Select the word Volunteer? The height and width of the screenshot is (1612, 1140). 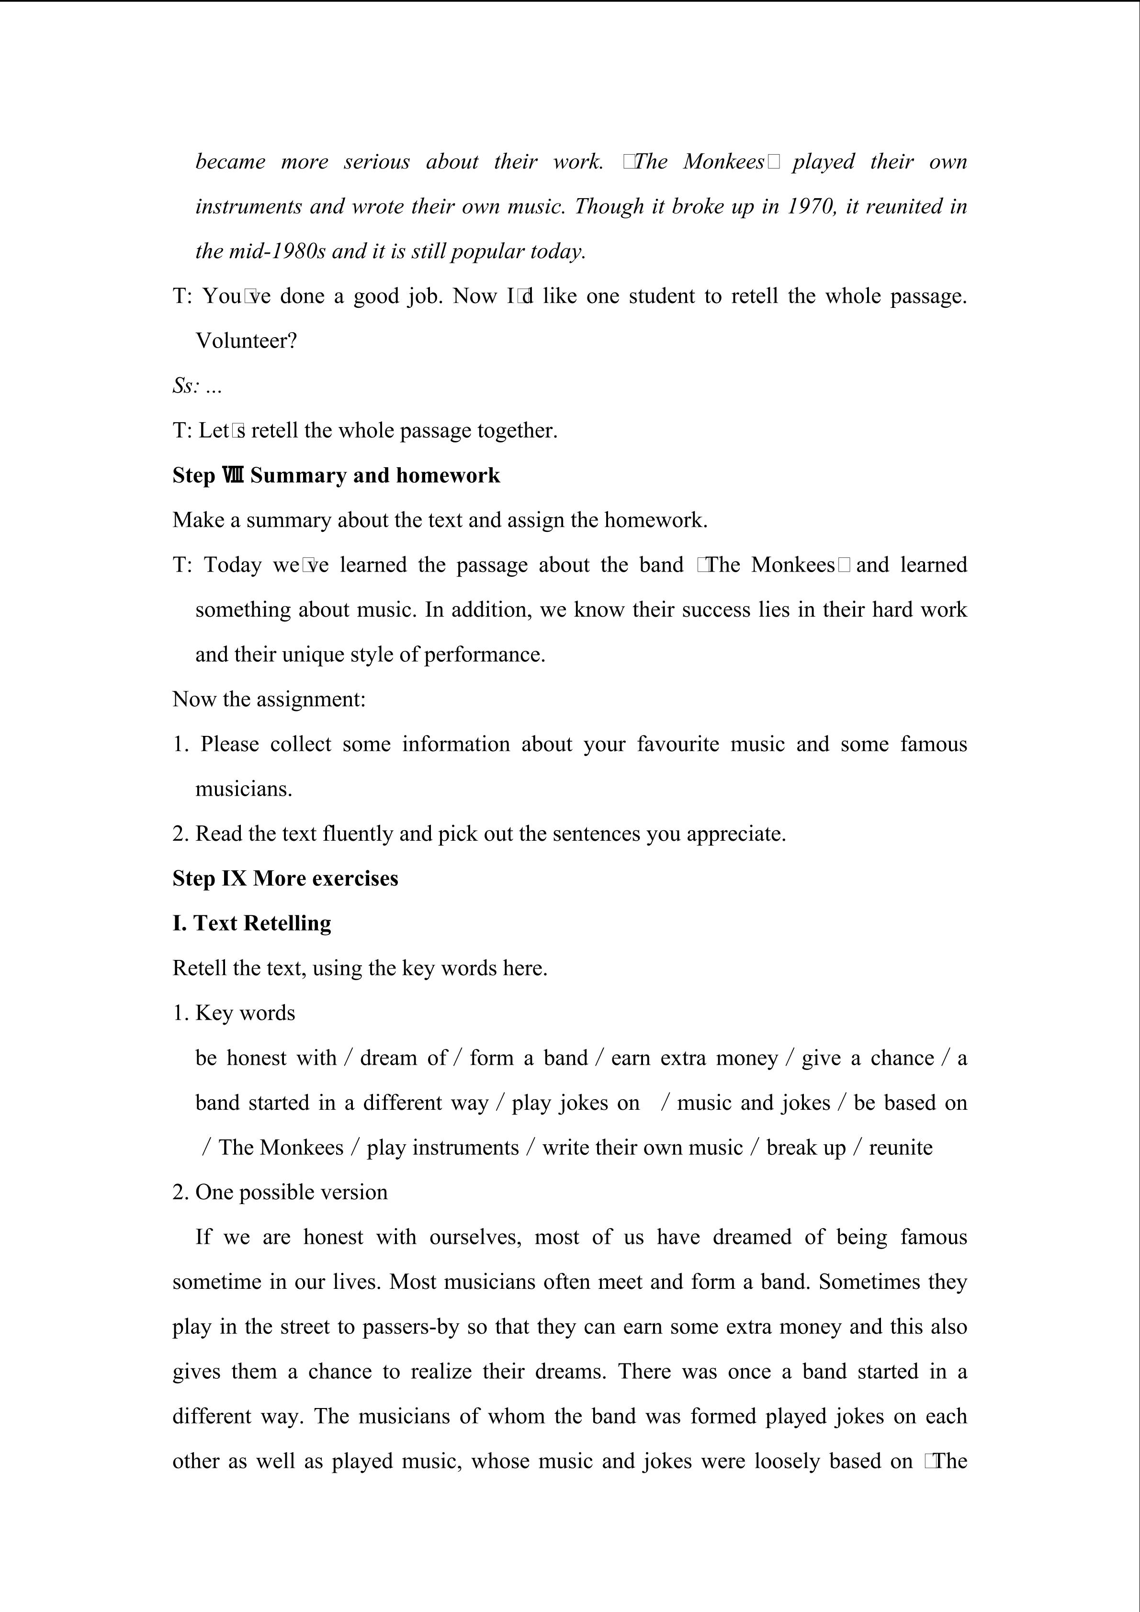(x=246, y=341)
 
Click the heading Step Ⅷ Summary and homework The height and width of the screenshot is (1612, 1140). (x=336, y=475)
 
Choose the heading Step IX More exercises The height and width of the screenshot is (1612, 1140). (x=285, y=879)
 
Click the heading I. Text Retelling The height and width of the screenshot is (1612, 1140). (x=251, y=923)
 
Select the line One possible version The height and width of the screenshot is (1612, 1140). (x=291, y=1192)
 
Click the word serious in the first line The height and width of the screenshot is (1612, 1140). (x=376, y=162)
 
